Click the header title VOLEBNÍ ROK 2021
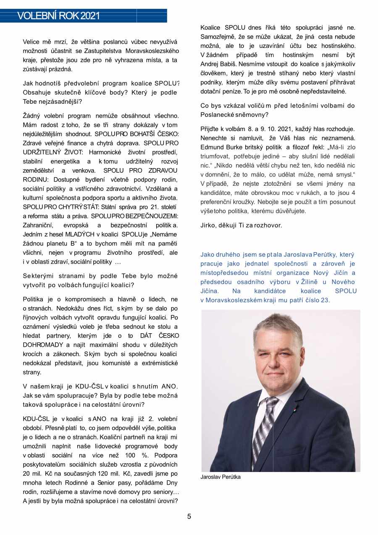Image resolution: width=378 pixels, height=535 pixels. pos(59,16)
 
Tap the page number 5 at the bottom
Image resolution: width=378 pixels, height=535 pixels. pos(189,517)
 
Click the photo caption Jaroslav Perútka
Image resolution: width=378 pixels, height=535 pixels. pos(220,477)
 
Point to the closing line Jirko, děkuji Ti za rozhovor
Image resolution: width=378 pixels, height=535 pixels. pos(241,225)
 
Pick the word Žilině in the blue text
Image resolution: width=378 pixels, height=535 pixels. pos(315,282)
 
